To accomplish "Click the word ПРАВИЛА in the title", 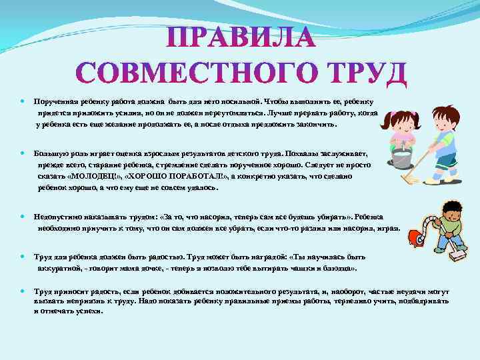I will point(240,37).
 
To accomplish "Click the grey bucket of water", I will point(401,157).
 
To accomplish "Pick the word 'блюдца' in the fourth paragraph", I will point(340,267).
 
